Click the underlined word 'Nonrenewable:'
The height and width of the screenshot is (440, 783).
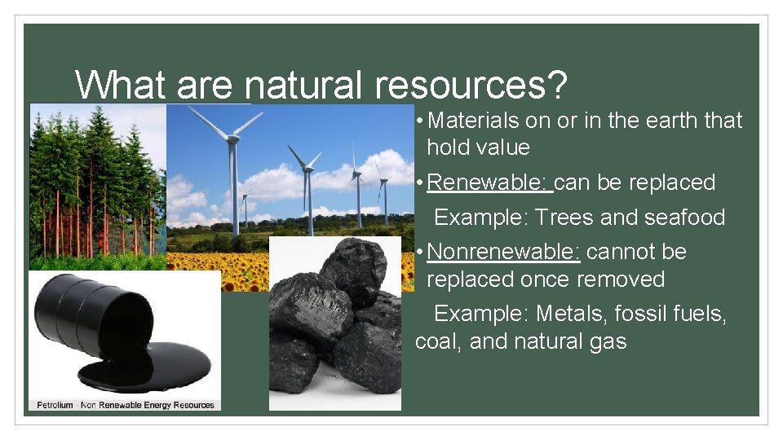click(503, 252)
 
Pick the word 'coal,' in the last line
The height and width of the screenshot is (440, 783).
click(439, 341)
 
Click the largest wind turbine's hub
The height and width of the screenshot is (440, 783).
click(232, 139)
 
